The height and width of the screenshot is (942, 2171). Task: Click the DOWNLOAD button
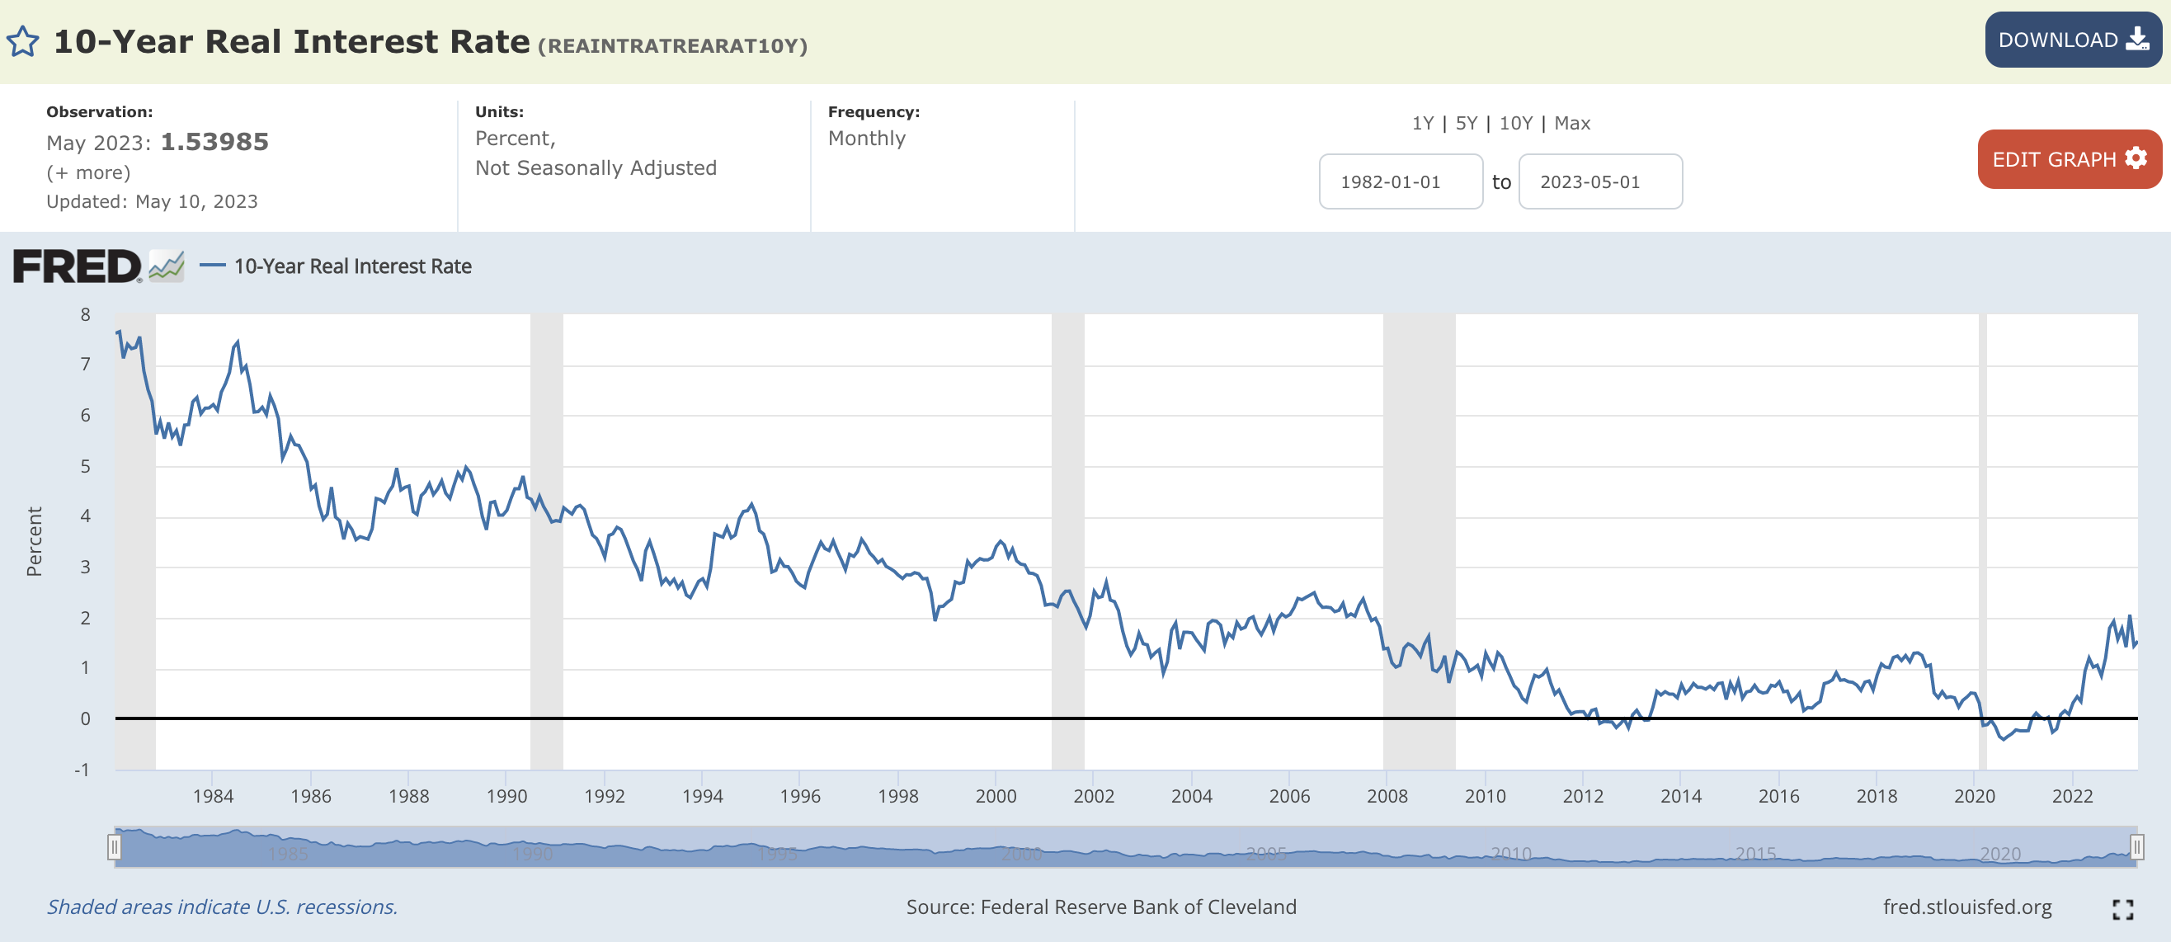(x=2072, y=40)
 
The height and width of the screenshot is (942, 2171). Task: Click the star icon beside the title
(x=23, y=41)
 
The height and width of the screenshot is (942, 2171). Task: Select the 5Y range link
(x=1466, y=123)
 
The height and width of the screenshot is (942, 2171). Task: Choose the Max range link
(x=1571, y=123)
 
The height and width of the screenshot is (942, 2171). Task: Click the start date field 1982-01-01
(x=1400, y=182)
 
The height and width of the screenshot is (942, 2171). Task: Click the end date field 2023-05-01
(x=1599, y=182)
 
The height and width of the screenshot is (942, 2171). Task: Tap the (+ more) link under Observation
(x=88, y=172)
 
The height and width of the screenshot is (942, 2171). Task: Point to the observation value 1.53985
(x=214, y=142)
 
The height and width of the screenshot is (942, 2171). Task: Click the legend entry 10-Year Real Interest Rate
(x=352, y=266)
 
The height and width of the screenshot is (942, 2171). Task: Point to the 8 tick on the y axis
(x=85, y=315)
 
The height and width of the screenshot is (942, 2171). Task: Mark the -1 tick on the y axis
(x=82, y=770)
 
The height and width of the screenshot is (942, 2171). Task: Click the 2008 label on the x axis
(x=1387, y=795)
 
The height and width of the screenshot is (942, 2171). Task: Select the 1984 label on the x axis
(x=212, y=795)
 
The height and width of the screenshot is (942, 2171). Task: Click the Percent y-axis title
(x=34, y=541)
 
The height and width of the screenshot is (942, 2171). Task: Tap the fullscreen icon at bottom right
(x=2122, y=908)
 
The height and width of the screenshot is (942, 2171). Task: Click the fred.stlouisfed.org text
(x=1967, y=907)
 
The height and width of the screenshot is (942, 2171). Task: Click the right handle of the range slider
(x=2136, y=846)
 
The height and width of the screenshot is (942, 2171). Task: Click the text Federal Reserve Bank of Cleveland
(x=1137, y=907)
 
